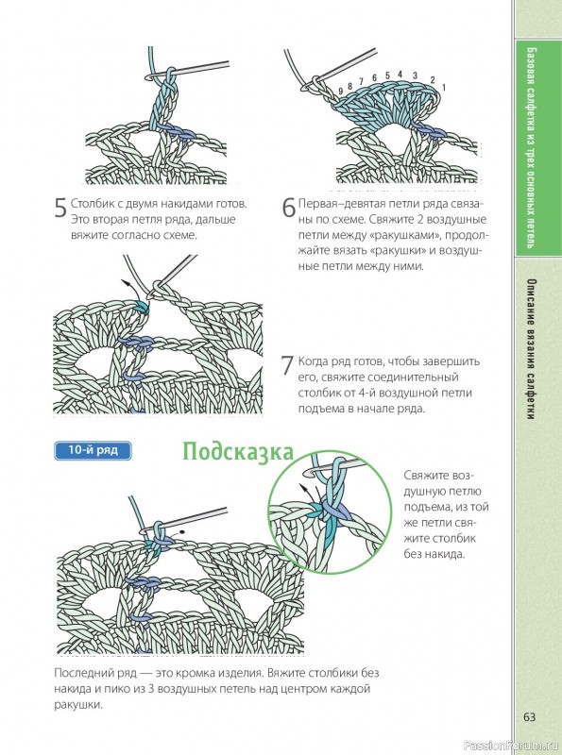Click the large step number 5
click(x=60, y=208)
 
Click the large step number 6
click(x=288, y=208)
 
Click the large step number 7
click(x=287, y=365)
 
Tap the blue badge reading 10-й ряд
click(x=93, y=450)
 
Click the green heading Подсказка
click(x=238, y=453)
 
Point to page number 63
click(x=529, y=717)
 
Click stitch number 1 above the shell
click(x=443, y=87)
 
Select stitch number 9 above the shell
click(x=341, y=91)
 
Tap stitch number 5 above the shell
click(x=387, y=75)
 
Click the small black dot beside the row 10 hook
click(x=183, y=533)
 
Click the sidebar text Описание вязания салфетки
click(x=531, y=349)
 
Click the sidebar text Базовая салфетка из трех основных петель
click(x=531, y=148)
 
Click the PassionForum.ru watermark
click(x=511, y=745)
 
